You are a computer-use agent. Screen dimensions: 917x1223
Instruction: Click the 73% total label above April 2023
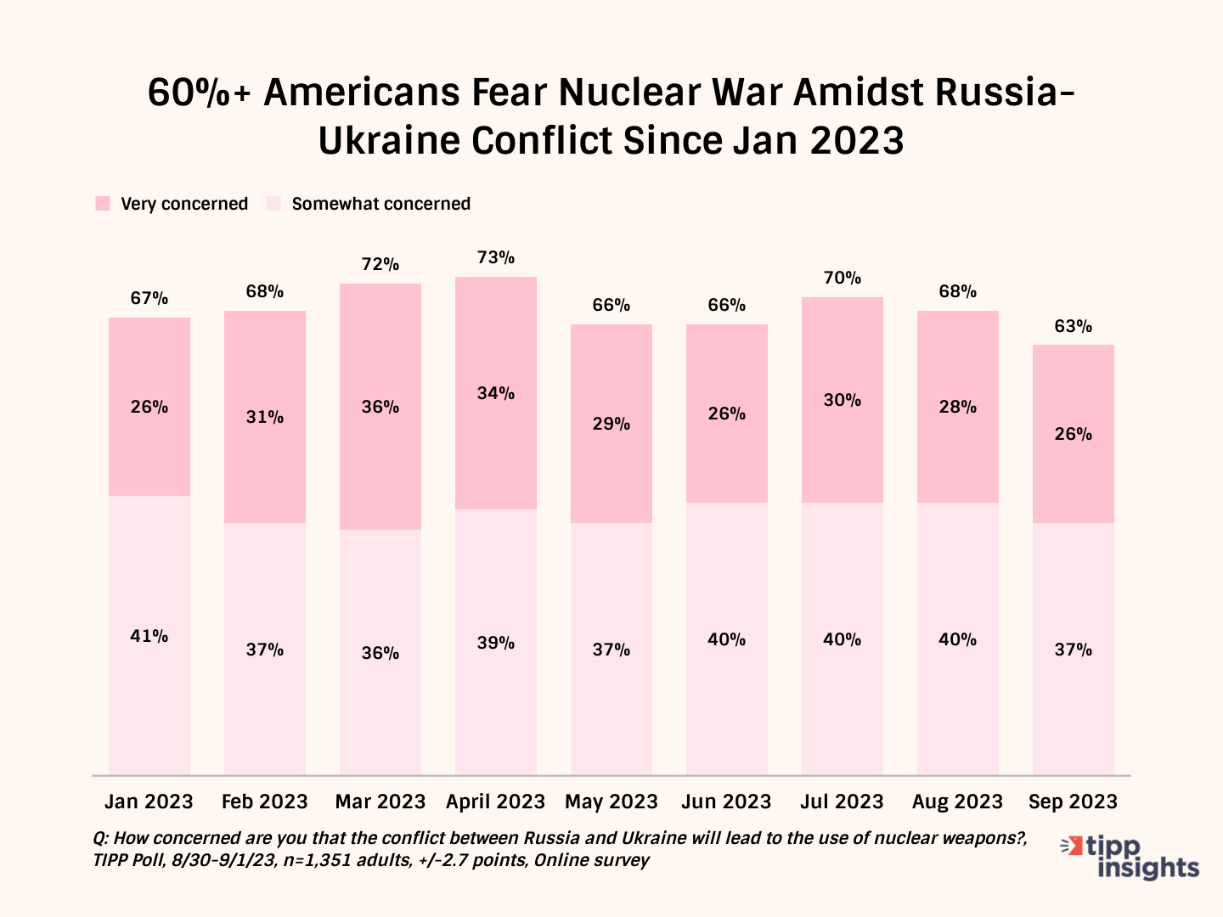click(496, 257)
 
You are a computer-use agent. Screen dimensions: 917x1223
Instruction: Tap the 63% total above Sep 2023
click(1074, 326)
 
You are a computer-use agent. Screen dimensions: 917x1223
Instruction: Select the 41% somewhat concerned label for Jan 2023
click(149, 636)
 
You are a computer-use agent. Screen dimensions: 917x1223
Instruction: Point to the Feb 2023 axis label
click(264, 802)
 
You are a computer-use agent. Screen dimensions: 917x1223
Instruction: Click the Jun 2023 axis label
click(726, 802)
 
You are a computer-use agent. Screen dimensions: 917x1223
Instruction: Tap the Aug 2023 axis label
click(957, 802)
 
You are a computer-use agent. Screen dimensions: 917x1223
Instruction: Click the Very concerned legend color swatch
click(103, 204)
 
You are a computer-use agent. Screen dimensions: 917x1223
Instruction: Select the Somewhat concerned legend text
click(380, 204)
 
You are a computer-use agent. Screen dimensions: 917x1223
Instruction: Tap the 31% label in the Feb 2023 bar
click(265, 417)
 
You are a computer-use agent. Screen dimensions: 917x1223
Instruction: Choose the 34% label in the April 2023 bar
click(496, 393)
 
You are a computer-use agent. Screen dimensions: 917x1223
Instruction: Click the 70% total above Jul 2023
click(843, 278)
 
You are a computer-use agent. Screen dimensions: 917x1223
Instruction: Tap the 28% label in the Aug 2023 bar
click(958, 407)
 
